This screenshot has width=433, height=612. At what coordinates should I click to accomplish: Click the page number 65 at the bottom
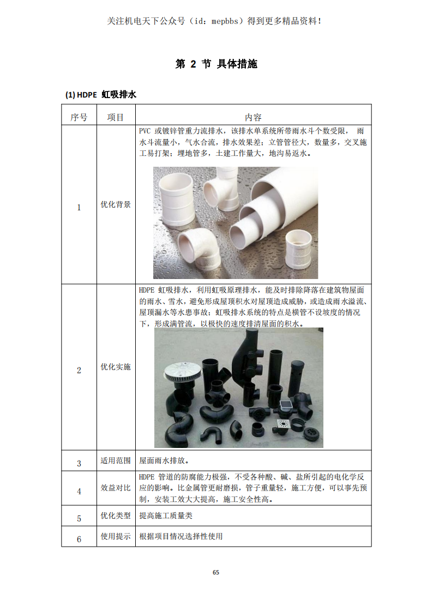(x=216, y=572)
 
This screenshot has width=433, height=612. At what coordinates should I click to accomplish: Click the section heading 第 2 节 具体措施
(x=216, y=64)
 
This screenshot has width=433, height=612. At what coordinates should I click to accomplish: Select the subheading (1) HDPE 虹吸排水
(x=101, y=94)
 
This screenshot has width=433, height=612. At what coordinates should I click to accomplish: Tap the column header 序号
(x=79, y=117)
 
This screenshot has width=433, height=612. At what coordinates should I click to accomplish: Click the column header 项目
(x=116, y=117)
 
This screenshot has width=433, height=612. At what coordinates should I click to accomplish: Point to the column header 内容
(x=253, y=117)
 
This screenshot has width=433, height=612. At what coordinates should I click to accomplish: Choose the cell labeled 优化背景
(x=116, y=204)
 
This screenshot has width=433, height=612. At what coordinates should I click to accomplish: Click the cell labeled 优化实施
(x=116, y=367)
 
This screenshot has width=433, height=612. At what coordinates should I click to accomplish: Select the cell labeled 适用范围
(x=116, y=460)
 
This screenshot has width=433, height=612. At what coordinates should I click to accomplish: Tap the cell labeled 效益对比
(x=116, y=488)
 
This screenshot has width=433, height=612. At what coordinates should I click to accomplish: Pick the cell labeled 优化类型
(x=116, y=516)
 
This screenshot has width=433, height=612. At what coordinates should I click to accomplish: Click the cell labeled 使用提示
(x=116, y=536)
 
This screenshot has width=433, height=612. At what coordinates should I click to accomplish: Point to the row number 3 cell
(x=79, y=463)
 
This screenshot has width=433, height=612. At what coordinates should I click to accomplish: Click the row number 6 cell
(x=79, y=539)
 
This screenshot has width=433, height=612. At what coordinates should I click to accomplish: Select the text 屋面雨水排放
(x=164, y=460)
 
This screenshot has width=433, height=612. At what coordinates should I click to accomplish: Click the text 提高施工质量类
(x=166, y=516)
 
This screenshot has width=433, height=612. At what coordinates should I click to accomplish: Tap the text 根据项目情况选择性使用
(x=181, y=536)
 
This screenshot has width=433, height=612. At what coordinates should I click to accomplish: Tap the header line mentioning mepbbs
(x=215, y=21)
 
